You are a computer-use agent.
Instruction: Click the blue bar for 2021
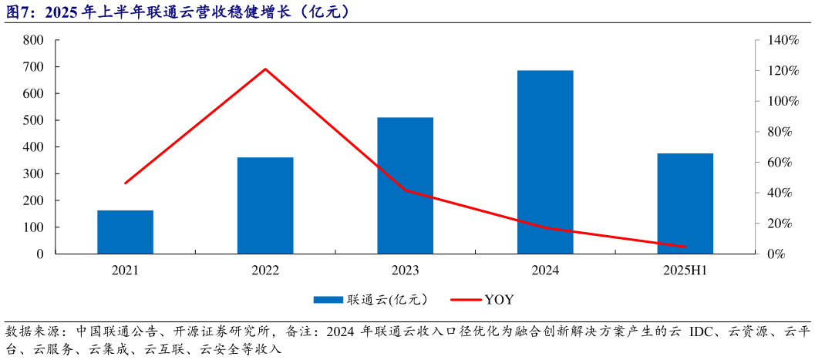tap(125, 231)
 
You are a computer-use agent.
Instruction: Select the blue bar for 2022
tap(265, 205)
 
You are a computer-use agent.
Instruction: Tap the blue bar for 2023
tap(406, 185)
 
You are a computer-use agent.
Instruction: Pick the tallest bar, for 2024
tap(545, 162)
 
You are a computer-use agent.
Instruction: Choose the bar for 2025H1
tap(685, 203)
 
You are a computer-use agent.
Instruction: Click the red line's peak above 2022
tap(265, 69)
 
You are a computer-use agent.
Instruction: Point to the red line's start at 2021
tap(125, 183)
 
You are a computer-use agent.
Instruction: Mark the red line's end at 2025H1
tap(685, 247)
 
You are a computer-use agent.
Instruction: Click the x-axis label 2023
tap(406, 271)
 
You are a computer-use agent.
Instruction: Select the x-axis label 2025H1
tap(685, 271)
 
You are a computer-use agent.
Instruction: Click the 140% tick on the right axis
tap(780, 40)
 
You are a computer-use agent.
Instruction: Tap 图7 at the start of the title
tap(17, 12)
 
